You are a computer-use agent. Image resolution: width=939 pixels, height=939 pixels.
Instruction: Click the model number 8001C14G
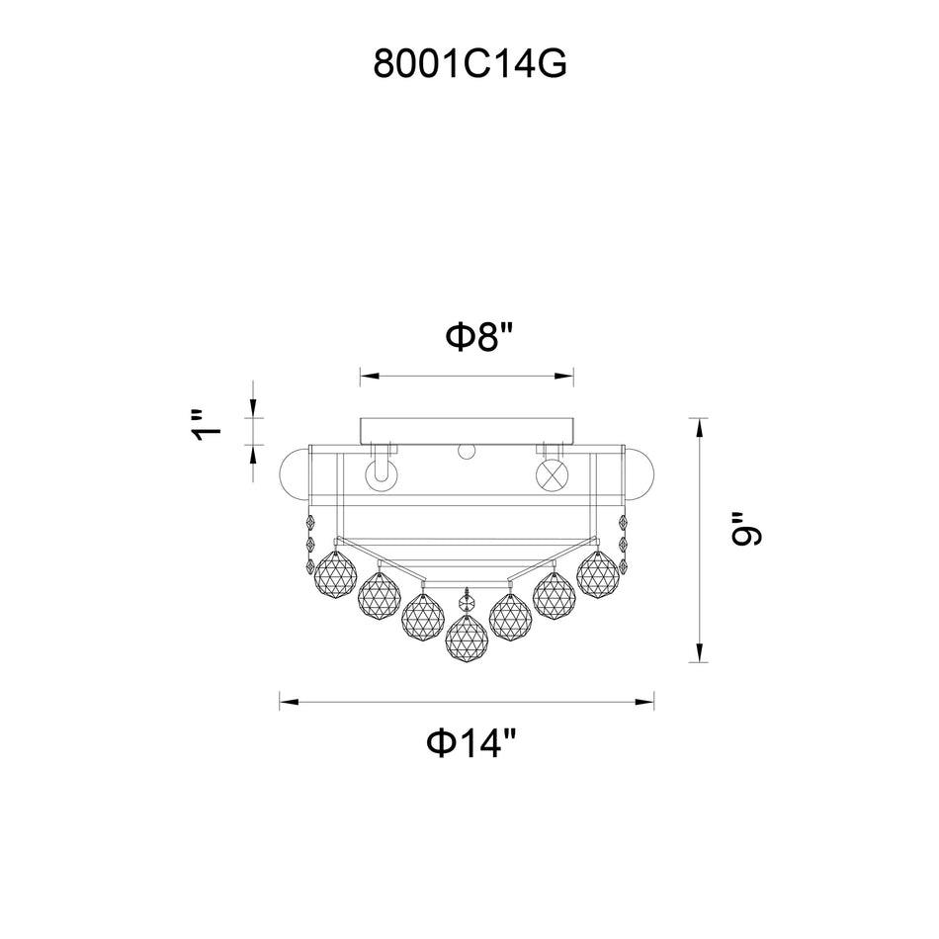(x=469, y=64)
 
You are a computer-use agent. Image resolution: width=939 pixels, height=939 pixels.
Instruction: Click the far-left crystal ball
(x=334, y=573)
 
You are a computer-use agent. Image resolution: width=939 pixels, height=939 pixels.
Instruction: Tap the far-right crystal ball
(x=599, y=573)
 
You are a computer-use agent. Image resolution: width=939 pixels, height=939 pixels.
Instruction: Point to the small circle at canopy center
(x=467, y=453)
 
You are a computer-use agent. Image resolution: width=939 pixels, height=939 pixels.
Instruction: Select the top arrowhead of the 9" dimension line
(x=700, y=426)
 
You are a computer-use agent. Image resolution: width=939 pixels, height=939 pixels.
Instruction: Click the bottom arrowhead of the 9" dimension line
(x=700, y=653)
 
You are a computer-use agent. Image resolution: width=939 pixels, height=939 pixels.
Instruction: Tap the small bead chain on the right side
(x=623, y=544)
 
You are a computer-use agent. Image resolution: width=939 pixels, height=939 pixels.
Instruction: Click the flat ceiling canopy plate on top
(x=467, y=430)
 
